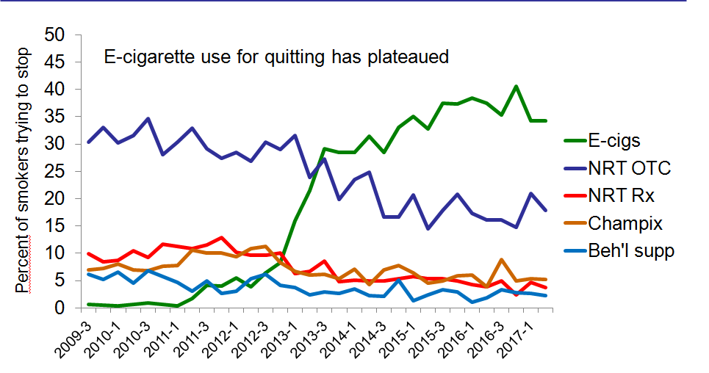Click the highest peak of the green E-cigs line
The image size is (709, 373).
516,86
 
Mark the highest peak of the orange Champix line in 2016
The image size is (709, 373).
500,260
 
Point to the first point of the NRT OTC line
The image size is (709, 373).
89,142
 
